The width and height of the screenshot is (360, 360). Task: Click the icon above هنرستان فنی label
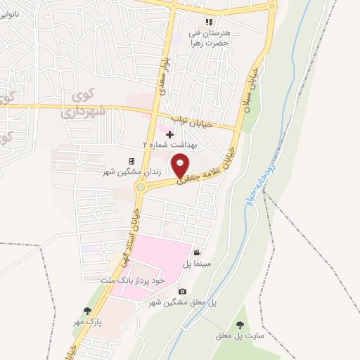coord(208,21)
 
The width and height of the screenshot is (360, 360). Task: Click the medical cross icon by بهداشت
coord(169,134)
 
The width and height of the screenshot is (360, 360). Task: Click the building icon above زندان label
coord(131,161)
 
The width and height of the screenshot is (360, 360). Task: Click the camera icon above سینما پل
coord(197,252)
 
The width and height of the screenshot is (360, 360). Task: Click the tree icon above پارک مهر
coord(87,310)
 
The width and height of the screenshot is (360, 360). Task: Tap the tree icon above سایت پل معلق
coord(240,324)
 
